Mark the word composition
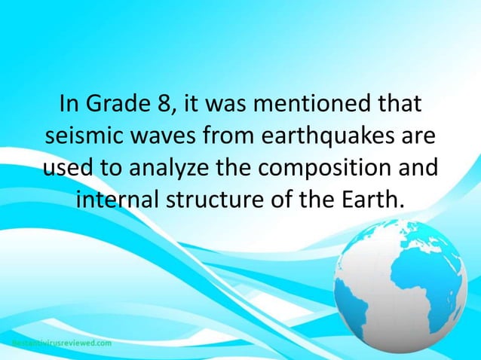click(332, 168)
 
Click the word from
click(231, 136)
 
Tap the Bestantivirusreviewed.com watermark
click(60, 343)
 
